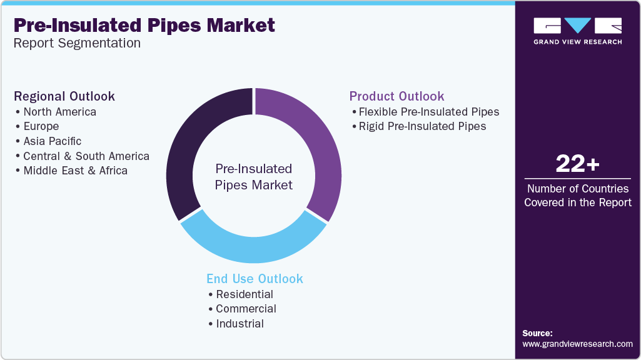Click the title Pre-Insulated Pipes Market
point(144,26)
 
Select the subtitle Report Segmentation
point(77,44)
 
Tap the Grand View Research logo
point(577,31)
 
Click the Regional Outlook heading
point(64,96)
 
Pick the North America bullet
point(59,112)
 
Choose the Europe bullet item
point(41,126)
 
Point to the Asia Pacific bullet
point(52,141)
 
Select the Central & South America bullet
point(86,156)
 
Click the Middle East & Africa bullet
point(75,170)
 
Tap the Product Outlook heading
point(396,96)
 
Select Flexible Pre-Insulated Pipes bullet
point(428,112)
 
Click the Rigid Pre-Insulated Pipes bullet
point(422,126)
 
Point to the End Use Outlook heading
point(255,279)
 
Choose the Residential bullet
point(245,294)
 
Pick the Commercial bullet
point(246,309)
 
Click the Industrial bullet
point(240,324)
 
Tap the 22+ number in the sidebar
point(577,164)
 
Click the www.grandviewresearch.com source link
point(577,344)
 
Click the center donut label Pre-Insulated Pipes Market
point(254,177)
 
